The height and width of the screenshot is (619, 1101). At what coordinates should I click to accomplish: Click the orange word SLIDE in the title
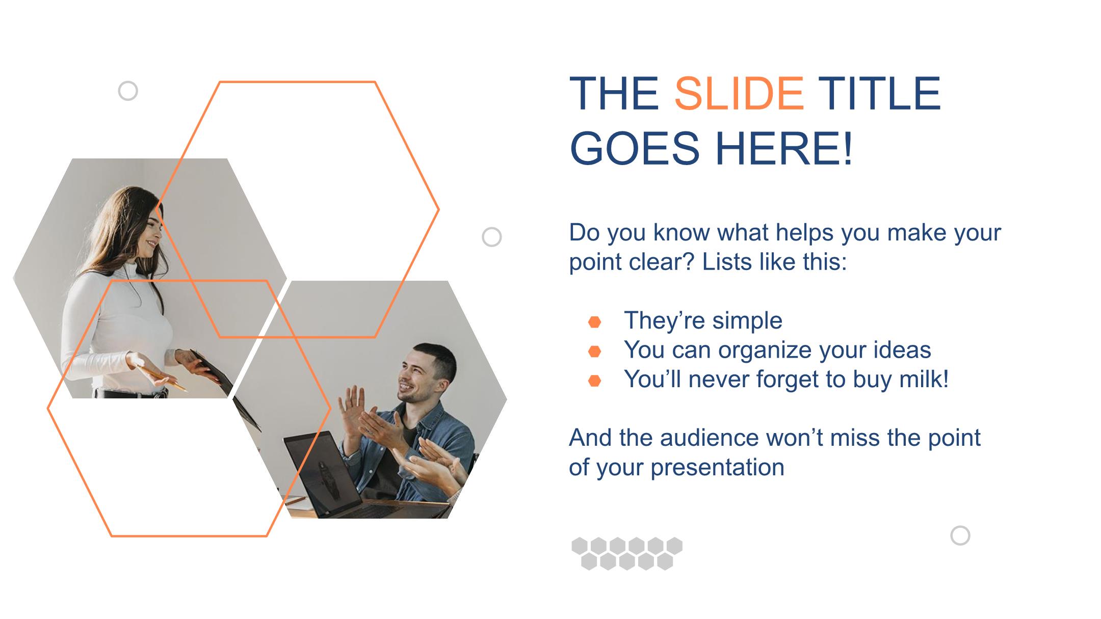(x=739, y=93)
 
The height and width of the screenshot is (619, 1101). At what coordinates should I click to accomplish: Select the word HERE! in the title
(x=783, y=148)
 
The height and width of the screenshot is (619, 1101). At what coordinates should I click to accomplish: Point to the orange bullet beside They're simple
(x=594, y=322)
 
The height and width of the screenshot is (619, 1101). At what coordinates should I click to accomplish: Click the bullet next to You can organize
(x=594, y=351)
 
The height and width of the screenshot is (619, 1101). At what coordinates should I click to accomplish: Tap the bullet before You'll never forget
(x=594, y=381)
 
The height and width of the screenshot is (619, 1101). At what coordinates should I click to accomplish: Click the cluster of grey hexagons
(x=627, y=553)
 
